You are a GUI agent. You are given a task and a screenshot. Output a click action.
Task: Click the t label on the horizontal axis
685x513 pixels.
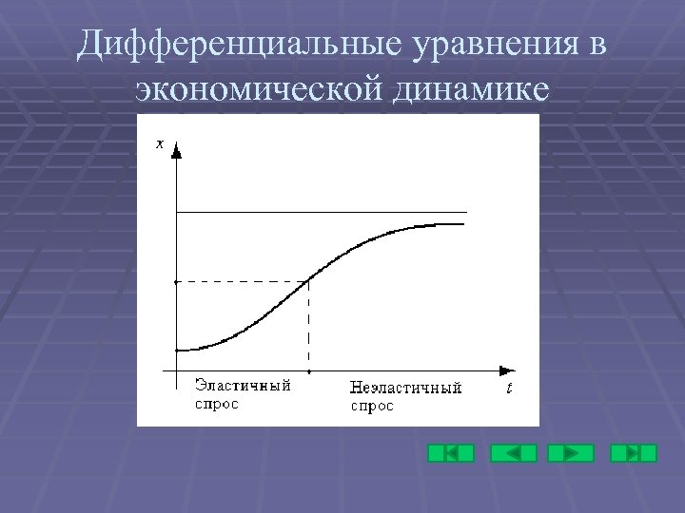click(x=509, y=388)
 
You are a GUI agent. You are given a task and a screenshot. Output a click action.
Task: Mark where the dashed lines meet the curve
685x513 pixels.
click(x=308, y=280)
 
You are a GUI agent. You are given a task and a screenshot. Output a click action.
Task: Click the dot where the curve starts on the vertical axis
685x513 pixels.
click(x=177, y=350)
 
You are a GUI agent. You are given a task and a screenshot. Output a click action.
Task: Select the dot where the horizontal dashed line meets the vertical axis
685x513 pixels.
click(x=177, y=281)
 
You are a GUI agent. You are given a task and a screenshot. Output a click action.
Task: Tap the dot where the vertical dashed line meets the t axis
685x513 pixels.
click(x=308, y=370)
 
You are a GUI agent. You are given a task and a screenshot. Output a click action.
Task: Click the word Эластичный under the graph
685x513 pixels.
click(x=243, y=386)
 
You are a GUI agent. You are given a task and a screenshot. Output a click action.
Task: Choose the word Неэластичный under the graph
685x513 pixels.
click(x=405, y=388)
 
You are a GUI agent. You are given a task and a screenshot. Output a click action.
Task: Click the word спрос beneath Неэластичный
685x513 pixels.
click(x=372, y=406)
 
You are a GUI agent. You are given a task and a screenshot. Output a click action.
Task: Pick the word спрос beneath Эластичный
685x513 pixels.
click(x=217, y=404)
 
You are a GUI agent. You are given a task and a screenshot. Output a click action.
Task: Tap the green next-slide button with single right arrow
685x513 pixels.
click(x=571, y=453)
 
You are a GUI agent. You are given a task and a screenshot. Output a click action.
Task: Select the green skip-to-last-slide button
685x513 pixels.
click(x=634, y=453)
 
